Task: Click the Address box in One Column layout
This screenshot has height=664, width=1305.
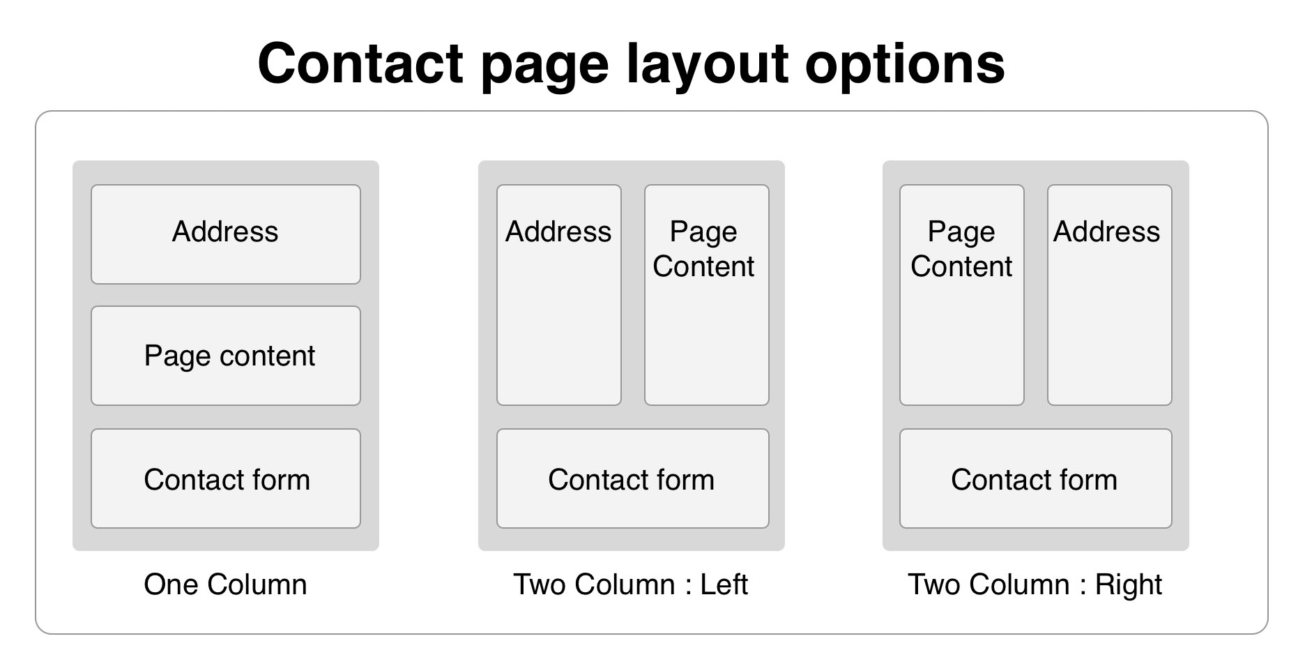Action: pyautogui.click(x=225, y=234)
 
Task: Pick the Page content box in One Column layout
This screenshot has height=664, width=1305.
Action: pyautogui.click(x=225, y=356)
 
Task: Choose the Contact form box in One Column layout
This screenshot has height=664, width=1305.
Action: pyautogui.click(x=225, y=478)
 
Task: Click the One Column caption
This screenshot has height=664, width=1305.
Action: pyautogui.click(x=225, y=584)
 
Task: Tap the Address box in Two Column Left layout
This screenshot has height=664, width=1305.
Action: pyautogui.click(x=558, y=294)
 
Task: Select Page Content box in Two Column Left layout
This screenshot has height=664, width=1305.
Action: pyautogui.click(x=706, y=294)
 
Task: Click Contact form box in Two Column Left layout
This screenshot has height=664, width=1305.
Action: pyautogui.click(x=632, y=478)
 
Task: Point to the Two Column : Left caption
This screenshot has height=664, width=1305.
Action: pyautogui.click(x=630, y=584)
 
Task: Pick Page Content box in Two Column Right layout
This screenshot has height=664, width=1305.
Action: pyautogui.click(x=961, y=294)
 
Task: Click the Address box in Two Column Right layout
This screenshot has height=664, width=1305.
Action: pyautogui.click(x=1109, y=294)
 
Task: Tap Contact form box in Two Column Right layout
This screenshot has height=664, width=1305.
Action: pyautogui.click(x=1035, y=478)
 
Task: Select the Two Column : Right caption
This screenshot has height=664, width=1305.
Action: pyautogui.click(x=1035, y=584)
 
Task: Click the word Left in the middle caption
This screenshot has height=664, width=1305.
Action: pyautogui.click(x=724, y=584)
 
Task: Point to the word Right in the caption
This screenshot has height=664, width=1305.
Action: pyautogui.click(x=1128, y=584)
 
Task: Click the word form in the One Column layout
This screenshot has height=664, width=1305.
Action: pyautogui.click(x=281, y=480)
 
